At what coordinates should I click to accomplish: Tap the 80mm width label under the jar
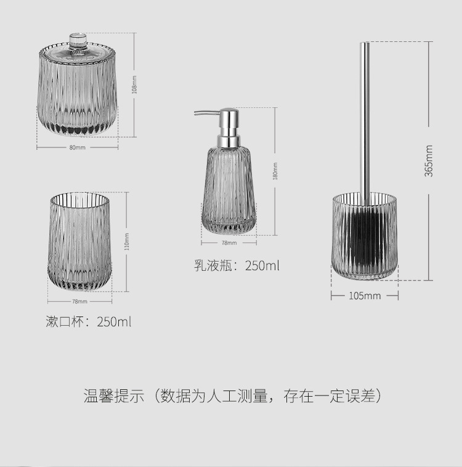point(78,148)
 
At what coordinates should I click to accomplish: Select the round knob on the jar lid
point(78,42)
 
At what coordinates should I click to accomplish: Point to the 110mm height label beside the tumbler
point(128,241)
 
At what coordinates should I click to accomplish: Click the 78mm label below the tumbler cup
point(79,302)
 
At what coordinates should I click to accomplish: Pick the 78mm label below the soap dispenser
point(229,243)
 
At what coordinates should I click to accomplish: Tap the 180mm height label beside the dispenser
point(275,171)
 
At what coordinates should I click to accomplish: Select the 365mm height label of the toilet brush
point(429,160)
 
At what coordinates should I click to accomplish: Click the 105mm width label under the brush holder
point(365,296)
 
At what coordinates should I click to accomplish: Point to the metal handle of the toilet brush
point(365,111)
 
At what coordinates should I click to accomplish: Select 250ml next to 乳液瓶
point(262,266)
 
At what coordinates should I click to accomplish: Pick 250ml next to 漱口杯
point(114,322)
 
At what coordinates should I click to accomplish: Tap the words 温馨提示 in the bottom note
point(115,396)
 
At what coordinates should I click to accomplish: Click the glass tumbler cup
point(79,241)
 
